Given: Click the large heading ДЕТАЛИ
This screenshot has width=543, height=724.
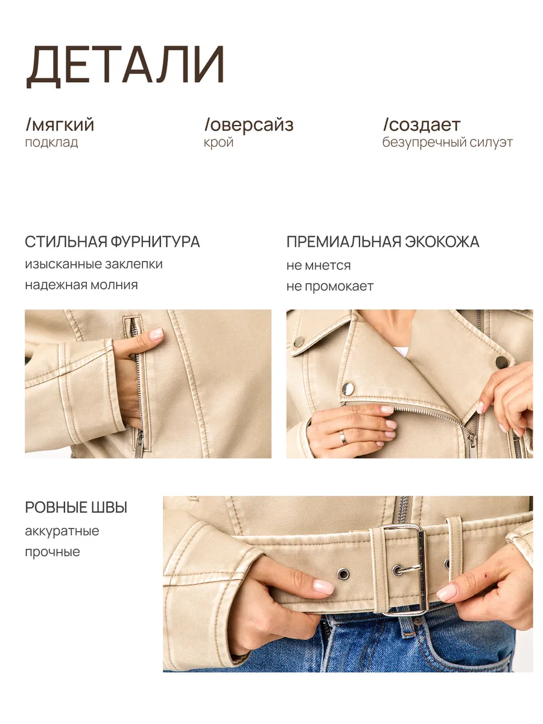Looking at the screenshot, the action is click(125, 66).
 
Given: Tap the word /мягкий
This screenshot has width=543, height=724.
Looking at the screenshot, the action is click(60, 125).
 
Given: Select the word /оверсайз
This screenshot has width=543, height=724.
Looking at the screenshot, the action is click(249, 125).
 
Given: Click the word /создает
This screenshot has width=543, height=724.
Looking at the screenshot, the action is click(422, 125).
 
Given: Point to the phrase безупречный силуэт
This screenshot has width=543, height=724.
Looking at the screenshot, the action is click(448, 142).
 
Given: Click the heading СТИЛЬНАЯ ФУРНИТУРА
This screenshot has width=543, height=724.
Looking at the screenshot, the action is click(112, 241).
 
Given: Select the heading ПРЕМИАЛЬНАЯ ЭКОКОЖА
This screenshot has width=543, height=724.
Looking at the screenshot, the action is click(383, 241).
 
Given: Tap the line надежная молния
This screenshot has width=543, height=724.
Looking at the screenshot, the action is click(81, 285).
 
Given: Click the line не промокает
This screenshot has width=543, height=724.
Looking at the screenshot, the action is click(329, 287).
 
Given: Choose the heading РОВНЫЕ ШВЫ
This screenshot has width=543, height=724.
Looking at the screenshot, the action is click(76, 507).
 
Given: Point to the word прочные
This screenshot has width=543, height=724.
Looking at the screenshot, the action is click(52, 552).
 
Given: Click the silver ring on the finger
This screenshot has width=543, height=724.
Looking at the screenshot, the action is click(343, 437).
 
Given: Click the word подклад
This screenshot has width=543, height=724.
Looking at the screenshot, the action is click(51, 142).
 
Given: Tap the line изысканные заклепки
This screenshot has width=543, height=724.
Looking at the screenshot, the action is click(94, 264).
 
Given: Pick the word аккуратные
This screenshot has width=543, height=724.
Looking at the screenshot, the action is click(62, 531).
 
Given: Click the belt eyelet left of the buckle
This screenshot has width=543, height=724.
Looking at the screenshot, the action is click(343, 574).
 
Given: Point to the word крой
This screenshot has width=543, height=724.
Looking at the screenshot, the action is click(218, 142).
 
